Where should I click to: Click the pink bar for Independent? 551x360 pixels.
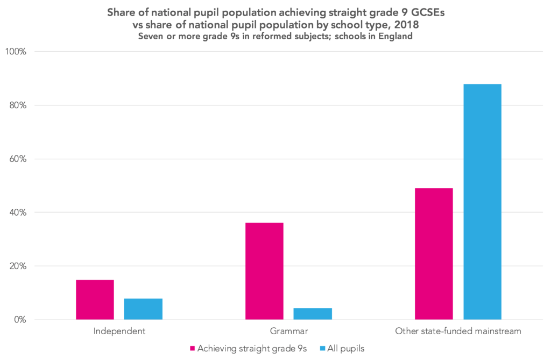[x=95, y=300]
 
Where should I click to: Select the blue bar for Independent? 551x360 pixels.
[x=143, y=309]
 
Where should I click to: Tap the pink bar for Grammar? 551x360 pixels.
[x=264, y=271]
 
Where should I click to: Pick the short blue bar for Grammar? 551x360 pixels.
[x=313, y=314]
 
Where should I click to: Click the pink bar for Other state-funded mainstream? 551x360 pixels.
[x=434, y=254]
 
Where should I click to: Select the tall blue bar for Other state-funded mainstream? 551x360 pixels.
[x=482, y=202]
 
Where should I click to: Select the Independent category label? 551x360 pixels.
[x=119, y=331]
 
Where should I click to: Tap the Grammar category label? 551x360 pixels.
[x=288, y=331]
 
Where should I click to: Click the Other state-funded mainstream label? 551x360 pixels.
[x=458, y=331]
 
